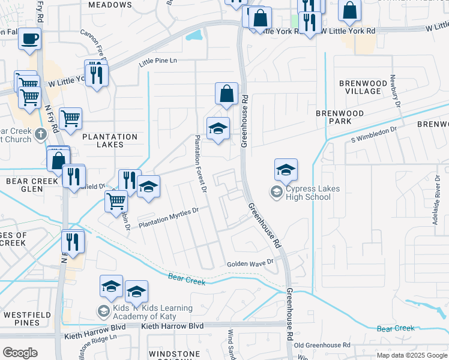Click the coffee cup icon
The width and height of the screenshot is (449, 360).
tap(29, 40)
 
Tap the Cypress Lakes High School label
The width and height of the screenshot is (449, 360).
tap(312, 193)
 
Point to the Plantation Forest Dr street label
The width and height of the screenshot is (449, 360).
tap(200, 164)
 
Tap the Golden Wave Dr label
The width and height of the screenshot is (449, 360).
tap(250, 263)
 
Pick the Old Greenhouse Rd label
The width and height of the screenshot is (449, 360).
tap(321, 345)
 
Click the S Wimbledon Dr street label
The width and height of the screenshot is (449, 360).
tap(375, 133)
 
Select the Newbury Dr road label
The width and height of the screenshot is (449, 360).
tap(395, 90)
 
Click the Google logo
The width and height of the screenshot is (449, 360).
tap(20, 353)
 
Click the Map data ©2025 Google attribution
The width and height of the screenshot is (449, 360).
tap(411, 355)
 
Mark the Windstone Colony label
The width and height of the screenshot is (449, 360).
tap(173, 354)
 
